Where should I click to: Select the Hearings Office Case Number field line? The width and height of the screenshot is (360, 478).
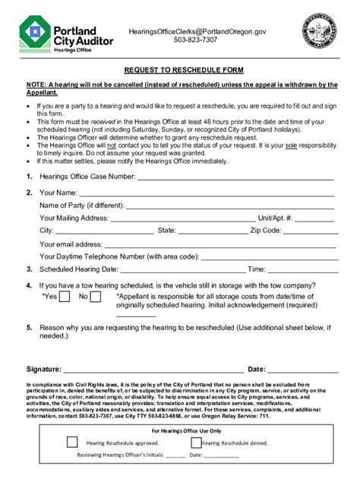click(235, 179)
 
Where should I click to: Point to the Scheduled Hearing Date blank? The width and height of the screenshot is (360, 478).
click(182, 270)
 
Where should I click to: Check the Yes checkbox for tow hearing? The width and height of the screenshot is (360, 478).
click(67, 297)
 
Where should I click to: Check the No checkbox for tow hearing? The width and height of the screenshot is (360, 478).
click(96, 297)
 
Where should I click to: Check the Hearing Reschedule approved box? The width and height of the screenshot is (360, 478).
click(73, 442)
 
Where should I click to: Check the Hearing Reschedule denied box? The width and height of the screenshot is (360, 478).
click(196, 442)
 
